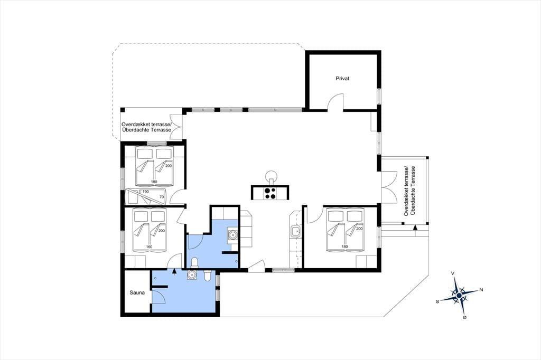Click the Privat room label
tap(342, 79)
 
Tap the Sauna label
tap(137, 293)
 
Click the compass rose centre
tap(459, 296)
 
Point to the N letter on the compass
tap(481, 290)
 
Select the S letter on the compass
tap(437, 301)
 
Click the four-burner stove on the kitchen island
tap(269, 193)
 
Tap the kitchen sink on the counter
tap(294, 231)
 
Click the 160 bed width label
tap(149, 247)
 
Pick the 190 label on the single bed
tap(145, 192)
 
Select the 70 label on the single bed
tap(162, 197)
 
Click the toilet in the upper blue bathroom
tap(194, 263)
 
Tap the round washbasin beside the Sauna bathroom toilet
tap(191, 275)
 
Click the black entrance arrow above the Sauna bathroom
tap(174, 272)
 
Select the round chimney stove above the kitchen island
tap(271, 176)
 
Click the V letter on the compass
tap(453, 273)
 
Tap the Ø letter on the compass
tap(465, 317)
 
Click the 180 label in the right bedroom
tap(344, 246)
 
